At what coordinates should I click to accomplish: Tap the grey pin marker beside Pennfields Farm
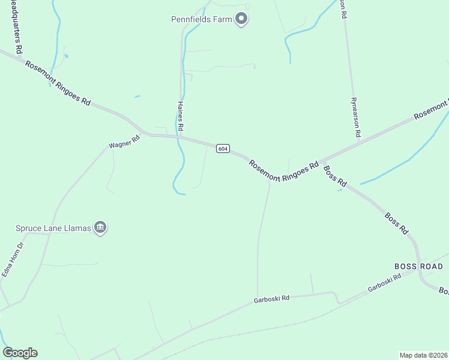click(241, 19)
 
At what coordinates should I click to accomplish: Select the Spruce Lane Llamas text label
click(53, 228)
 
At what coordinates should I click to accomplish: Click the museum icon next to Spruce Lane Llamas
click(100, 227)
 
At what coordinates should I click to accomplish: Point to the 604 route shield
click(223, 148)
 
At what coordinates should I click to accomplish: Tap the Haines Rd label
click(180, 116)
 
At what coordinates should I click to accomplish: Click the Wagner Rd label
click(124, 145)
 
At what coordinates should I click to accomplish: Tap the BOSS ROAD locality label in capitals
click(418, 266)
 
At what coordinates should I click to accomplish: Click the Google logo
click(20, 353)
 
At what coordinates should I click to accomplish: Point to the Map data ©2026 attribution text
click(423, 355)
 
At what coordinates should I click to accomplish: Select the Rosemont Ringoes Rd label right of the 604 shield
click(283, 167)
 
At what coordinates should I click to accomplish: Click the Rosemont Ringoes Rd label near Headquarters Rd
click(58, 83)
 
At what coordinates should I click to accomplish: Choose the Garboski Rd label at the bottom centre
click(271, 298)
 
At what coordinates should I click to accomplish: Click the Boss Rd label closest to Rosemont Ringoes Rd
click(336, 175)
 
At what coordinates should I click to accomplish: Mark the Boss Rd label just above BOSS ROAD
click(397, 223)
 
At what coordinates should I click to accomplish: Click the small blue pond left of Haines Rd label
click(137, 96)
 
